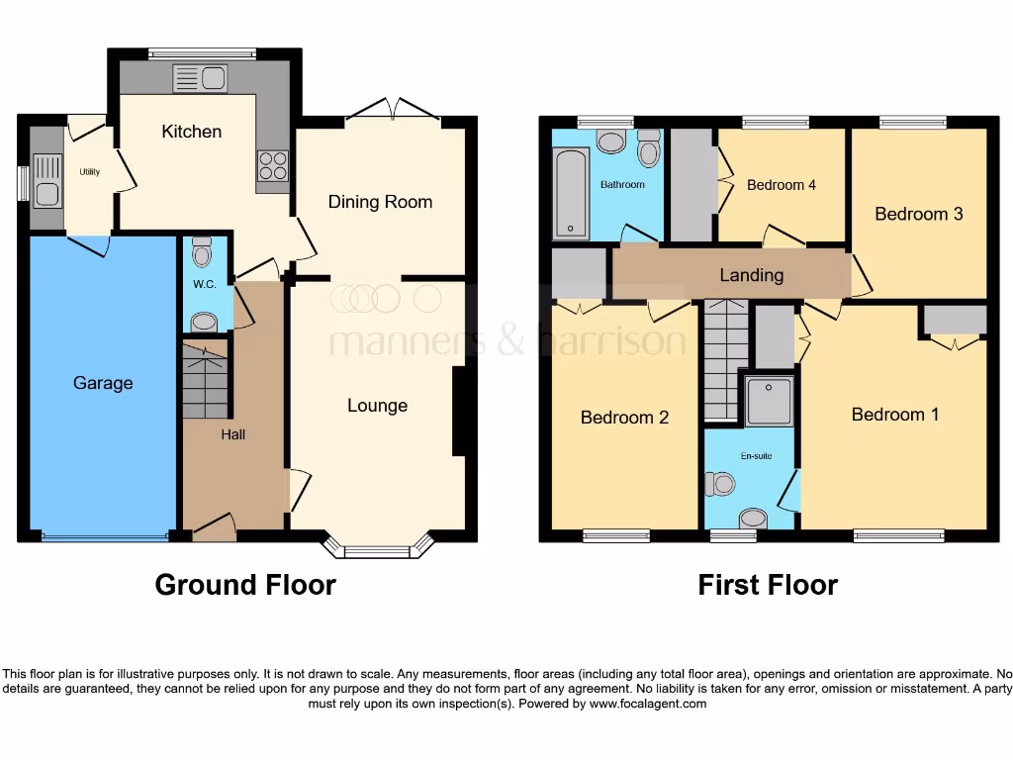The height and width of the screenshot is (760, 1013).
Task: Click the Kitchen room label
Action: [192, 132]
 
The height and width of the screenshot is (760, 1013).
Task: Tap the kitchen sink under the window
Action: [200, 78]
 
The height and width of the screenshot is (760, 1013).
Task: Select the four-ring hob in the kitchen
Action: [273, 165]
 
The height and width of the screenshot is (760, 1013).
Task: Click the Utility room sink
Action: [46, 181]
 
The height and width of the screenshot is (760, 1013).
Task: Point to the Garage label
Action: [103, 383]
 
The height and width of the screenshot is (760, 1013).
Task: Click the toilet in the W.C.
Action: [203, 254]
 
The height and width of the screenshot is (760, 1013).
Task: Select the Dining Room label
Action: [381, 202]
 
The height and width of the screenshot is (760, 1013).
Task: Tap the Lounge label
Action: [377, 406]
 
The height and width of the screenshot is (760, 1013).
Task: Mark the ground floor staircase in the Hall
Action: [206, 381]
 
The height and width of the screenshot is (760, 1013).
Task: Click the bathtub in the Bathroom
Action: [570, 193]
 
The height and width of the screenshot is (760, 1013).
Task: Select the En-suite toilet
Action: [721, 484]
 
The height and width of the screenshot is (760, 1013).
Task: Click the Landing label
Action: [752, 275]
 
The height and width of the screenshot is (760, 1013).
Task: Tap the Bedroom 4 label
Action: [782, 185]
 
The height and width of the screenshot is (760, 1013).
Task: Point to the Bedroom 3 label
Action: [918, 214]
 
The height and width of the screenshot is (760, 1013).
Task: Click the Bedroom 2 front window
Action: [616, 536]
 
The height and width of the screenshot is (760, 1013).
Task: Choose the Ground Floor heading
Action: [245, 585]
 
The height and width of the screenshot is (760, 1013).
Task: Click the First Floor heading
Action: [768, 585]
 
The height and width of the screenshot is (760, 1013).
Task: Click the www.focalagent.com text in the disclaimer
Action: [647, 704]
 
